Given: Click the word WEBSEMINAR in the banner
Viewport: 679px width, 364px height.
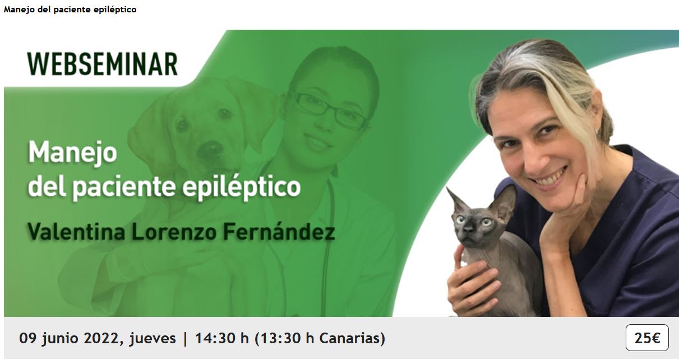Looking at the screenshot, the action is click(103, 64).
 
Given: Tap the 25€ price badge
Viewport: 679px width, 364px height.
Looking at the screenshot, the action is click(647, 338).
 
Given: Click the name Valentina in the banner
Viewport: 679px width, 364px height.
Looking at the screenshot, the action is click(76, 232).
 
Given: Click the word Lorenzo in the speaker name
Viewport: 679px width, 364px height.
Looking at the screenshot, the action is click(174, 232).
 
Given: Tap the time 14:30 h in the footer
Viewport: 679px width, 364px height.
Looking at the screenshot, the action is click(221, 338).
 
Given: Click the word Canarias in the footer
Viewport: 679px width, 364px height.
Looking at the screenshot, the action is click(349, 338).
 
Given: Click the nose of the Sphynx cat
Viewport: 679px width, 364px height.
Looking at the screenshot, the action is click(468, 232).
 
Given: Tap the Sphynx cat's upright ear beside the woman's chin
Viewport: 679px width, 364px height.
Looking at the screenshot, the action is click(505, 202).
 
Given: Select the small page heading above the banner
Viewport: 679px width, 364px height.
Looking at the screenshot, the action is click(70, 10).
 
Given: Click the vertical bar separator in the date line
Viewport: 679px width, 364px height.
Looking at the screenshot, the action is click(185, 339).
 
